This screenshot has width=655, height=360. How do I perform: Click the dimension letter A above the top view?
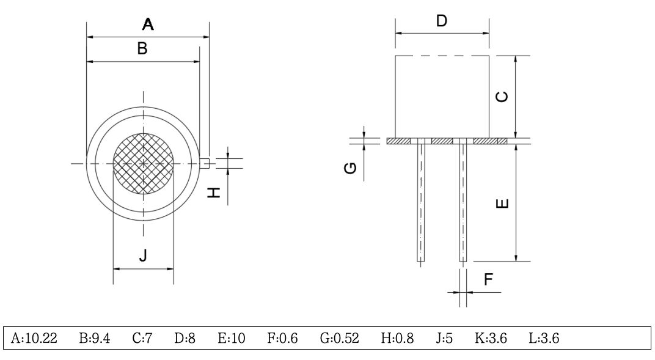point(147,25)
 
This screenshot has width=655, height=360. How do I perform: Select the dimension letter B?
point(142,50)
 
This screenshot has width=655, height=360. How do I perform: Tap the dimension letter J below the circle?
point(142,256)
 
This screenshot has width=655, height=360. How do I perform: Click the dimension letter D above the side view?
point(441,21)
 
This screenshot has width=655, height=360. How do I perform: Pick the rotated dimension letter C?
point(500,97)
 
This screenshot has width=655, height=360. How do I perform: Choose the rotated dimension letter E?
point(501,203)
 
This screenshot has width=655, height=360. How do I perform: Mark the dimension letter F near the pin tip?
point(488,279)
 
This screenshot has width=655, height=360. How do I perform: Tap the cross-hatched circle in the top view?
point(144,163)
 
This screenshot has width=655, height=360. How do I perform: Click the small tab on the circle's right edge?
point(206,163)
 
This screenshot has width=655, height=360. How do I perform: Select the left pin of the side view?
point(421,202)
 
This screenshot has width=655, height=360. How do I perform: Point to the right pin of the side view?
point(463,202)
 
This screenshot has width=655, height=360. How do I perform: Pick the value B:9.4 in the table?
point(94,338)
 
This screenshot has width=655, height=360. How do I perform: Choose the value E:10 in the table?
point(232,338)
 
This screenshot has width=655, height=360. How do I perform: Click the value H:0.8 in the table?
point(393,338)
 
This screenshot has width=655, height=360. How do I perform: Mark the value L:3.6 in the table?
point(544,338)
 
